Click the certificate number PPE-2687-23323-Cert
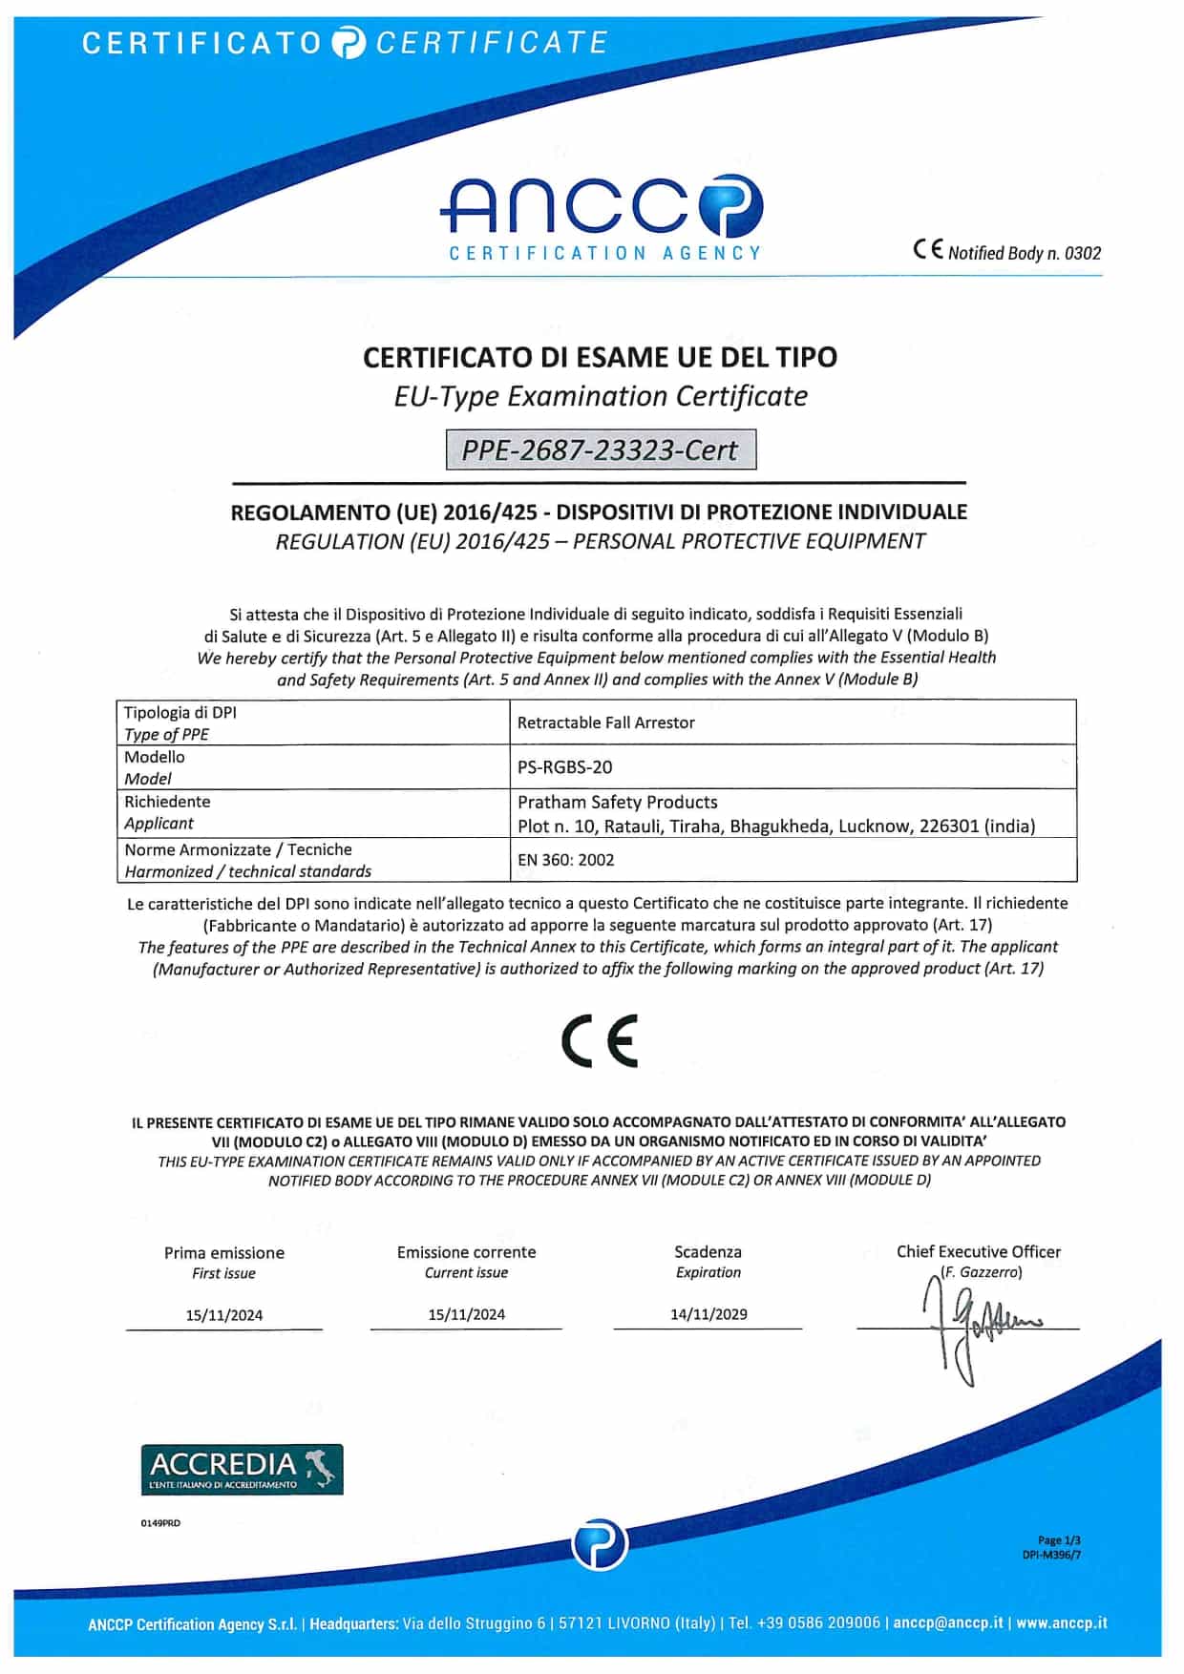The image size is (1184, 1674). pyautogui.click(x=601, y=450)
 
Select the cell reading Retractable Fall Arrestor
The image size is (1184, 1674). pyautogui.click(x=605, y=722)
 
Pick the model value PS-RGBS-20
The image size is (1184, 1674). pyautogui.click(x=564, y=767)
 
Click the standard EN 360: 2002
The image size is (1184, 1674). pyautogui.click(x=565, y=860)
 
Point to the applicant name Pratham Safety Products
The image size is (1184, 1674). pyautogui.click(x=617, y=802)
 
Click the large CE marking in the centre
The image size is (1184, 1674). pyautogui.click(x=599, y=1040)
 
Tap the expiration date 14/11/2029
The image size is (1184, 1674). pyautogui.click(x=708, y=1314)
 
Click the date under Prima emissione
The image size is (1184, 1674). pyautogui.click(x=224, y=1315)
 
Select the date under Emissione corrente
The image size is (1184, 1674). pyautogui.click(x=466, y=1314)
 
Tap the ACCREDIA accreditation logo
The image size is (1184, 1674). pyautogui.click(x=242, y=1469)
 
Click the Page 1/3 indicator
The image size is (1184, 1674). pyautogui.click(x=1059, y=1539)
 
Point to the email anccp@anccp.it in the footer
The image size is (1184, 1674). pyautogui.click(x=948, y=1622)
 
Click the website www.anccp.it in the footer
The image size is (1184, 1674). pyautogui.click(x=1061, y=1622)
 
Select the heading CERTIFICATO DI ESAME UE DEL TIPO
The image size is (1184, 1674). pyautogui.click(x=600, y=357)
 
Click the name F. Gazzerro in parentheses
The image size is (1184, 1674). pyautogui.click(x=981, y=1272)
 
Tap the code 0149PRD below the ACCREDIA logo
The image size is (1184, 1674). pyautogui.click(x=160, y=1523)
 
